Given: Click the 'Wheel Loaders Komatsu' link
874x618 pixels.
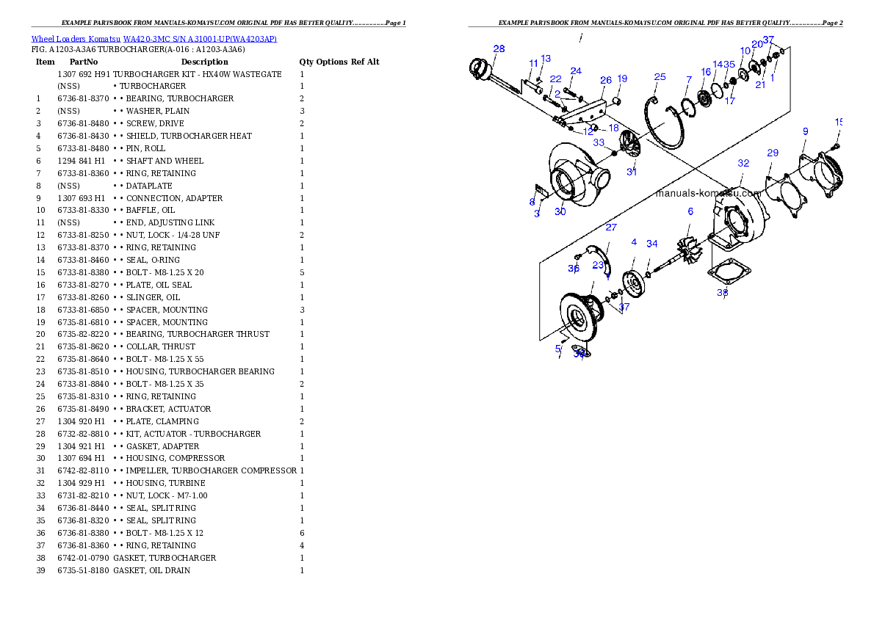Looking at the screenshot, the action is click(x=76, y=39).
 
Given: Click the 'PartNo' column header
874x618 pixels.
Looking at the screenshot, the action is click(x=84, y=62).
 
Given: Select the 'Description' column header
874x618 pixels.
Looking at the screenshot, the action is click(x=205, y=62).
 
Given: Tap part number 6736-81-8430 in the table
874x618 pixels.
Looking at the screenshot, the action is click(x=84, y=136).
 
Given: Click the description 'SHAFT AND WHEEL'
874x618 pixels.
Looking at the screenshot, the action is click(x=165, y=161).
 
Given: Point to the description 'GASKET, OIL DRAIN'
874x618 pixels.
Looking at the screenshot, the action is click(x=151, y=570).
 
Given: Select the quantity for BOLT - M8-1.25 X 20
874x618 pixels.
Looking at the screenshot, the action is click(x=302, y=272).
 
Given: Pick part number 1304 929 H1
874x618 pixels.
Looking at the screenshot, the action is click(x=82, y=483).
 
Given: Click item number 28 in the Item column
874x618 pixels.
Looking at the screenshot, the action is click(x=40, y=434).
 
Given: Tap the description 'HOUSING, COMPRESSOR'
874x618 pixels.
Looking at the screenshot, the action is click(x=175, y=458).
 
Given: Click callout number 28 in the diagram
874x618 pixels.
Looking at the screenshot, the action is click(x=499, y=49).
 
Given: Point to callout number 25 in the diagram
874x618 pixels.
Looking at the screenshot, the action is click(x=660, y=77).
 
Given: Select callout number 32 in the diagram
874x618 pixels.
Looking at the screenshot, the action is click(x=743, y=163).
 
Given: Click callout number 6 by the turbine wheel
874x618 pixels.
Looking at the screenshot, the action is click(x=690, y=211).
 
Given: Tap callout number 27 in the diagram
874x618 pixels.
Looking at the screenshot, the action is click(x=611, y=228).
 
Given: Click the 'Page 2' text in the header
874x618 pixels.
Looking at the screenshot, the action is click(x=832, y=23).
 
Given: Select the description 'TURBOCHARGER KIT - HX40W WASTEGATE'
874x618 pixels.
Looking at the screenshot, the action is click(x=198, y=74).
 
